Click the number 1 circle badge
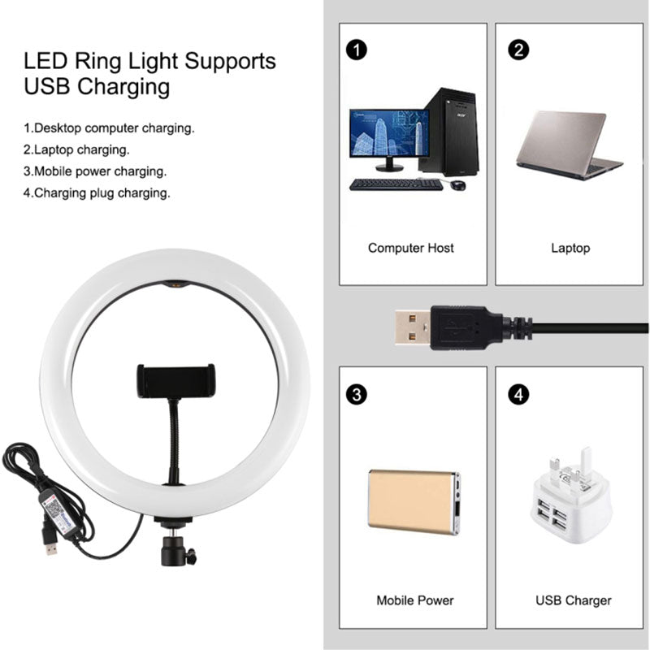pyautogui.click(x=356, y=50)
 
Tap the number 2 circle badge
pyautogui.click(x=518, y=50)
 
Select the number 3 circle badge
pyautogui.click(x=356, y=394)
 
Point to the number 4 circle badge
pyautogui.click(x=518, y=394)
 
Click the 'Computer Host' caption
pyautogui.click(x=411, y=248)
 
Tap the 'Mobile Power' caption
pyautogui.click(x=414, y=600)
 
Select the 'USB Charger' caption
pyautogui.click(x=574, y=600)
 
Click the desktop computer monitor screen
pyautogui.click(x=389, y=133)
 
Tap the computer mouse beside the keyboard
pyautogui.click(x=457, y=185)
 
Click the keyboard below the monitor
pyautogui.click(x=396, y=184)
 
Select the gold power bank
pyautogui.click(x=414, y=501)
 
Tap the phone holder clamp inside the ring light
pyautogui.click(x=176, y=380)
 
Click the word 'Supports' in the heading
pyautogui.click(x=230, y=61)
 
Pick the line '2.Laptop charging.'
pyautogui.click(x=76, y=149)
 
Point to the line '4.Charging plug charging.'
pyautogui.click(x=97, y=193)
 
